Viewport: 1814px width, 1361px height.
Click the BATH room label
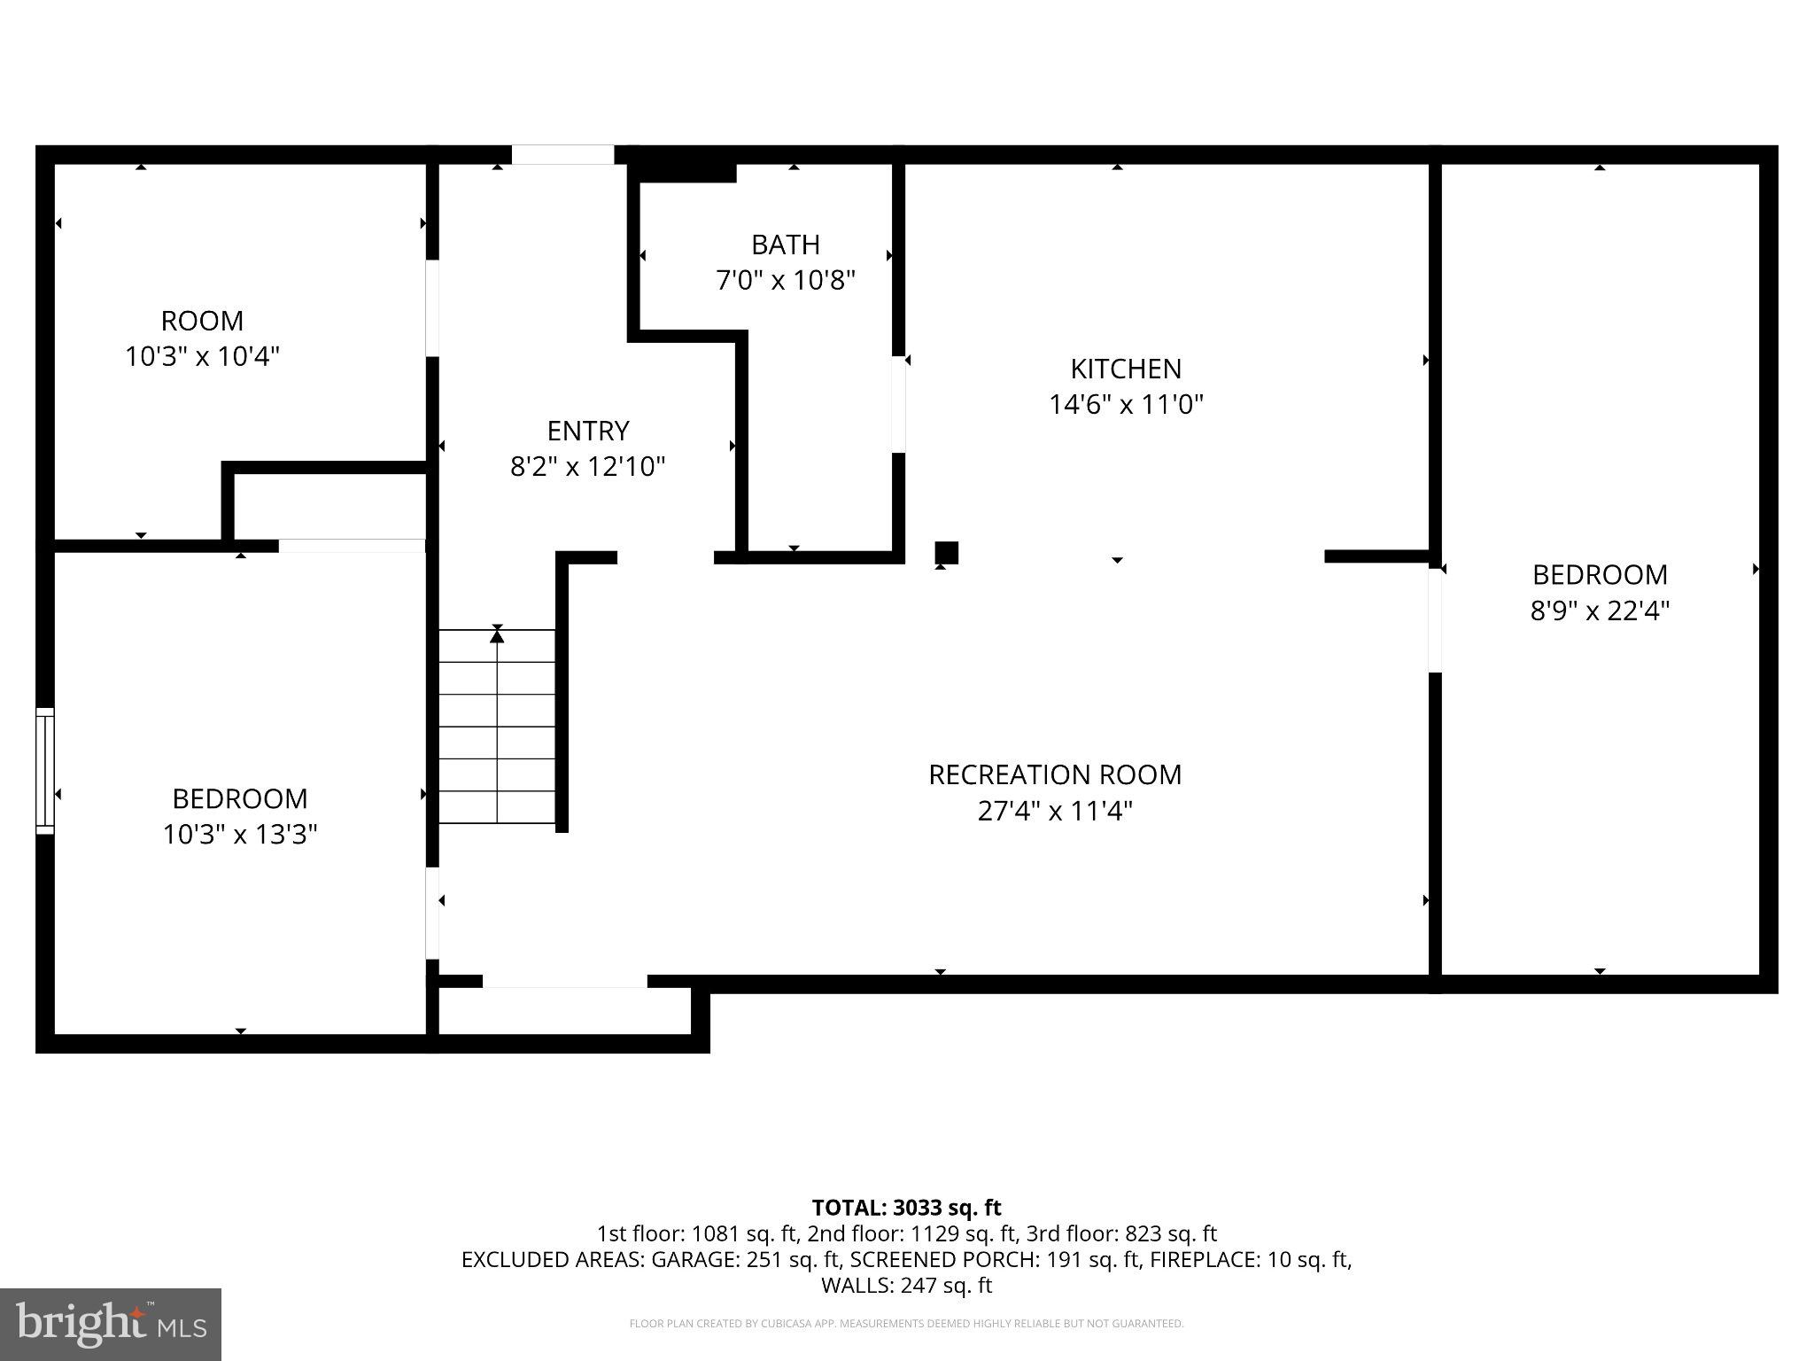pyautogui.click(x=785, y=245)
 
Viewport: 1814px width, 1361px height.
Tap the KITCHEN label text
pyautogui.click(x=1125, y=369)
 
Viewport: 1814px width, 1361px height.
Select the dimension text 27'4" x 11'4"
pyautogui.click(x=1055, y=811)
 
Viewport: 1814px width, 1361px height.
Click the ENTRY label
pyautogui.click(x=588, y=431)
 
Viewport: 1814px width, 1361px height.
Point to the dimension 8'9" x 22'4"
pyautogui.click(x=1600, y=611)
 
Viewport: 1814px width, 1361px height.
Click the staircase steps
pyautogui.click(x=497, y=727)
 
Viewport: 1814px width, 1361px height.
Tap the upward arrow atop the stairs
pyautogui.click(x=497, y=634)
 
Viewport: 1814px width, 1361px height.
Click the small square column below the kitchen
pyautogui.click(x=946, y=552)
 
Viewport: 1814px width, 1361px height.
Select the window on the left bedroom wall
pyautogui.click(x=44, y=770)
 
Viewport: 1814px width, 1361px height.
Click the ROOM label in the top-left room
pyautogui.click(x=202, y=321)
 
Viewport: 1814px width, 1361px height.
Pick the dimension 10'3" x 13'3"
pyautogui.click(x=239, y=835)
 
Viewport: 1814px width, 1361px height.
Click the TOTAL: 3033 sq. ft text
pyautogui.click(x=906, y=1208)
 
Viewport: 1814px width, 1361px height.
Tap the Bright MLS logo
pyautogui.click(x=111, y=1325)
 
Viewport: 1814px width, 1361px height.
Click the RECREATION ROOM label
pyautogui.click(x=1055, y=774)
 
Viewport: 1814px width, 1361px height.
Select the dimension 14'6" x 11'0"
pyautogui.click(x=1125, y=405)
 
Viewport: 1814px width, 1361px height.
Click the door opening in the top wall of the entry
pyautogui.click(x=562, y=155)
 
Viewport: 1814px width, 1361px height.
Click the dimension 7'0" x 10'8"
pyautogui.click(x=785, y=281)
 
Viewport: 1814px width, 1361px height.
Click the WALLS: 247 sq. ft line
pyautogui.click(x=906, y=1285)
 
